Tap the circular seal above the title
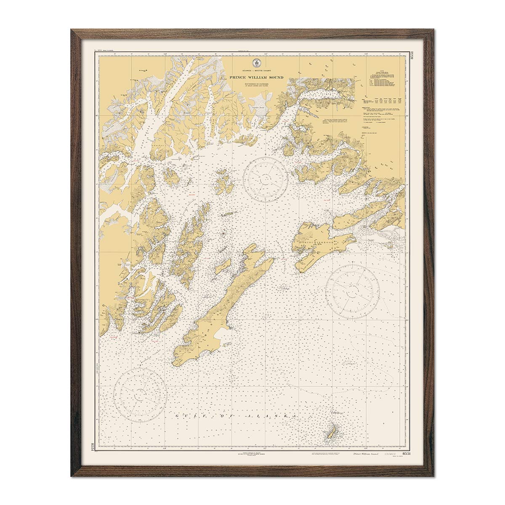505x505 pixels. point(255,63)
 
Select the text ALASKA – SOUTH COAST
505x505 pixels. point(256,72)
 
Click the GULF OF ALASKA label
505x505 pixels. point(236,416)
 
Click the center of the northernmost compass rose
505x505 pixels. point(266,179)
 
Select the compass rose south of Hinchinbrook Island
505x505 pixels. point(353,291)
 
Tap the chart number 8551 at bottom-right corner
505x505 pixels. point(407,453)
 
